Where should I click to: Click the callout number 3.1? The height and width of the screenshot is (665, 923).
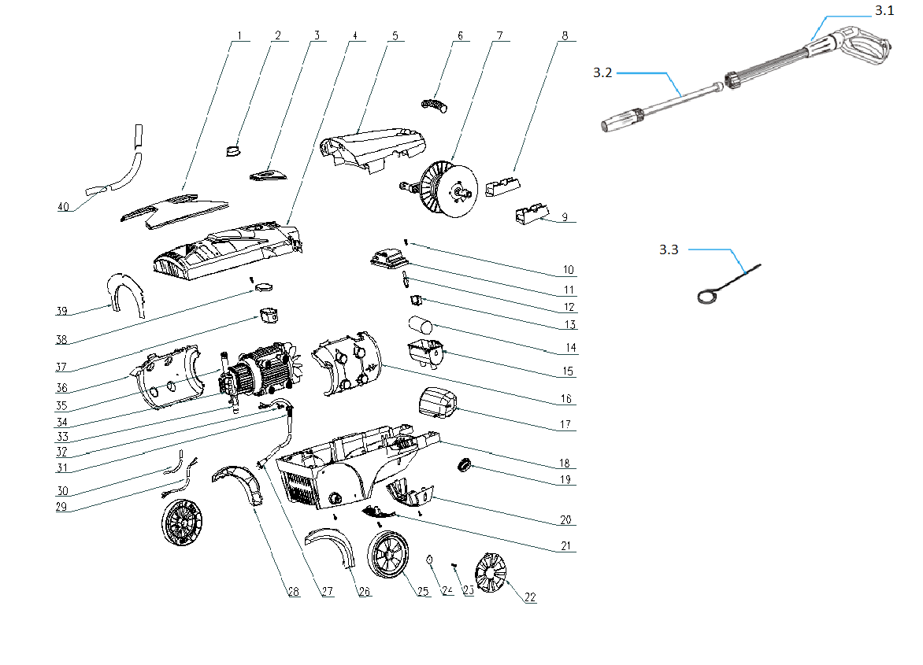tap(884, 10)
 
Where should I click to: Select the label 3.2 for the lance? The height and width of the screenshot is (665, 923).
tap(602, 72)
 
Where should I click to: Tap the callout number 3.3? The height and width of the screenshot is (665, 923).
tap(668, 250)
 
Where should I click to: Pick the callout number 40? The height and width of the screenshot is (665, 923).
tap(64, 207)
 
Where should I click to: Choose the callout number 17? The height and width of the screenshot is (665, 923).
tap(565, 426)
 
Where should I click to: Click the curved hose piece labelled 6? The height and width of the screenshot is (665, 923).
tap(434, 103)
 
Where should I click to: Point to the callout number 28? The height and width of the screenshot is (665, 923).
tap(294, 592)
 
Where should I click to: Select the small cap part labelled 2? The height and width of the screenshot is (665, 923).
tap(233, 150)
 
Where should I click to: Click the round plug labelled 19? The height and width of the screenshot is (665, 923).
tap(464, 466)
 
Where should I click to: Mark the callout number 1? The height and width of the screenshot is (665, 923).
tap(237, 36)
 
